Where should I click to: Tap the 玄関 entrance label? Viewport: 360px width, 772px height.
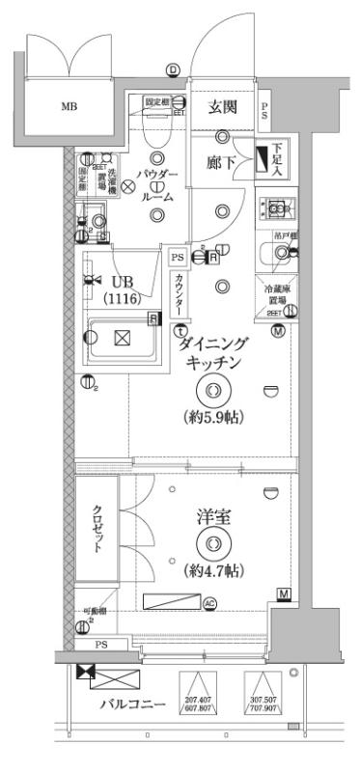(x=224, y=107)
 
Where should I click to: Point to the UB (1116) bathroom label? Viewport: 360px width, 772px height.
(x=124, y=289)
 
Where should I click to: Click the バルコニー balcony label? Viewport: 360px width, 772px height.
(x=134, y=703)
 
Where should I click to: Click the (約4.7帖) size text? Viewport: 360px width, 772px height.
(x=213, y=570)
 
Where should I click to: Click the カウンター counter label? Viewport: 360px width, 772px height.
(x=180, y=293)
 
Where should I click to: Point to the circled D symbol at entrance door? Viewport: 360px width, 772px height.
(x=173, y=69)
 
